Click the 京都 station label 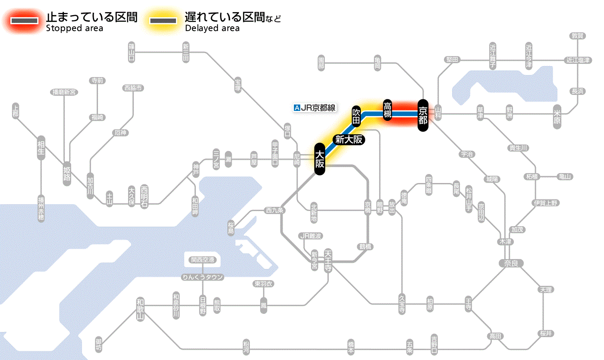tap(423, 115)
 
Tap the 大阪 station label tap(319, 159)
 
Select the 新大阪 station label tap(349, 139)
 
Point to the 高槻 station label tap(388, 110)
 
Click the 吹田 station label tap(356, 116)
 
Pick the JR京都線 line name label tap(318, 108)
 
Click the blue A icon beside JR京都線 tap(296, 108)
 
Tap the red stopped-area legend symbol tap(25, 21)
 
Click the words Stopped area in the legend tap(75, 28)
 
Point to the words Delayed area tap(212, 28)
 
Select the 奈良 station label tap(511, 263)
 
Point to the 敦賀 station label tap(577, 36)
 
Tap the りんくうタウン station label tap(203, 277)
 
